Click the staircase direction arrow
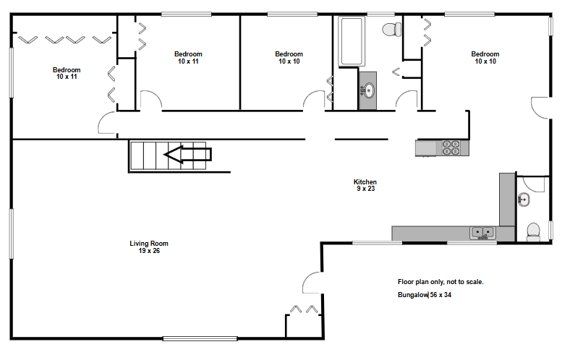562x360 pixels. click(187, 155)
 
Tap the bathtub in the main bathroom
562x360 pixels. click(352, 41)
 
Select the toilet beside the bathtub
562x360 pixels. click(392, 30)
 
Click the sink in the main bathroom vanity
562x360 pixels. click(368, 90)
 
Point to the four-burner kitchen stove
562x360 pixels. click(451, 147)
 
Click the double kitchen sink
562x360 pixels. click(482, 233)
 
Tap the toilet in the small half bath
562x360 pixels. click(533, 232)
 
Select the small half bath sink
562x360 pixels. click(524, 200)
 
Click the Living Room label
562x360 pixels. click(149, 243)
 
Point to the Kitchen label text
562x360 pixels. click(365, 181)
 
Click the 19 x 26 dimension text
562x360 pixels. click(149, 251)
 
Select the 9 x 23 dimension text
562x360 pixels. click(365, 189)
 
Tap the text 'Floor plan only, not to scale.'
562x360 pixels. click(440, 282)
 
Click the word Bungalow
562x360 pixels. click(413, 295)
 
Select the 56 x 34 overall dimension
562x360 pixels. click(440, 295)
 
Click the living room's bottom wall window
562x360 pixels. click(200, 338)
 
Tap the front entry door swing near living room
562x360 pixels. click(312, 283)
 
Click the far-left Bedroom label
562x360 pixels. click(67, 70)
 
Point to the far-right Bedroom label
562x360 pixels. click(485, 54)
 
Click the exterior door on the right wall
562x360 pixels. click(540, 108)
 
